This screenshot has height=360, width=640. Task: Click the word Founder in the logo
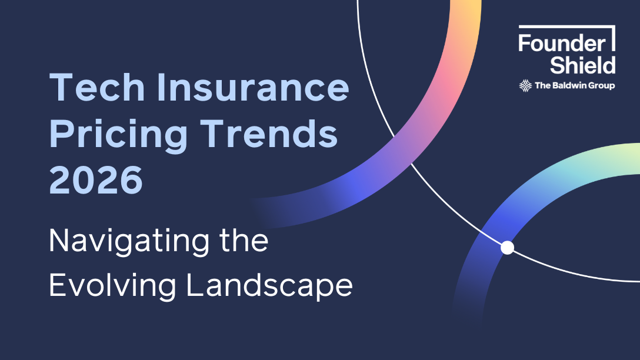[x=561, y=43]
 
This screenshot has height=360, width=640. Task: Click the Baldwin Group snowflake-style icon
[x=525, y=86]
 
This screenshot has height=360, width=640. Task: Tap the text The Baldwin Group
[x=574, y=86]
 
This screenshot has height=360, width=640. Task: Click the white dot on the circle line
[x=507, y=248]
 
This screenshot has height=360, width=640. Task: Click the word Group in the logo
[x=602, y=86]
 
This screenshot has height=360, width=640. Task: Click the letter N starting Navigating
[x=59, y=241]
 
